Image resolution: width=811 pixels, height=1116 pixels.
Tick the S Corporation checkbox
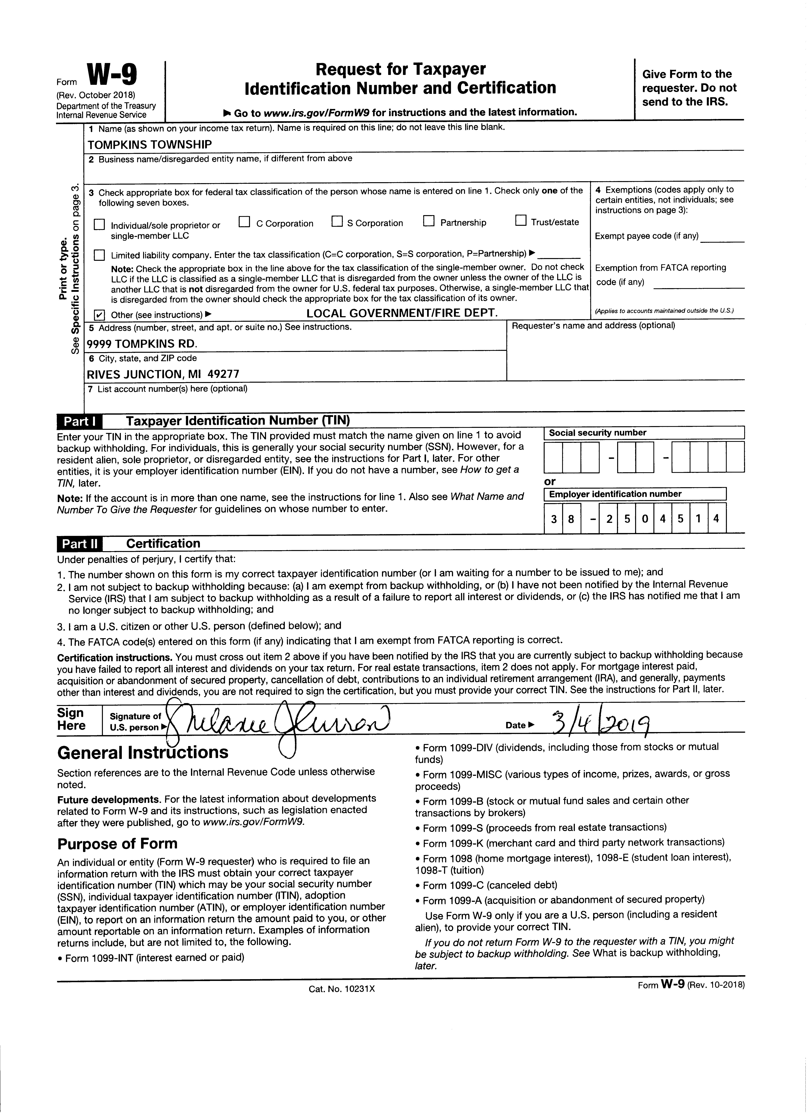(x=337, y=222)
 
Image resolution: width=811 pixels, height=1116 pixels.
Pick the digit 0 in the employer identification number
(x=645, y=519)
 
